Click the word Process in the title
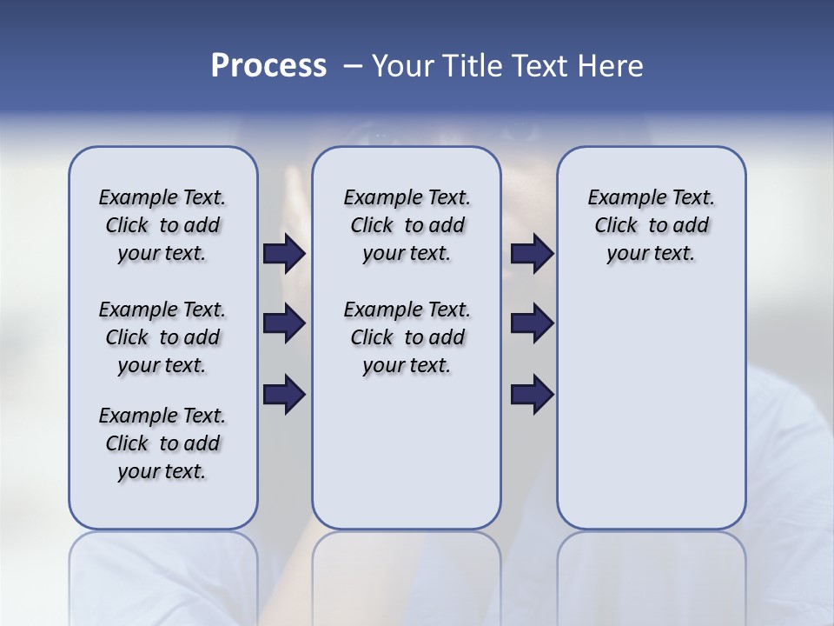[268, 66]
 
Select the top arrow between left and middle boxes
[284, 253]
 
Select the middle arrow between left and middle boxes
[284, 323]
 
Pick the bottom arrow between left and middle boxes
[284, 394]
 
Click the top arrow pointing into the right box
[532, 253]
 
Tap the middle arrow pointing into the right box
[532, 323]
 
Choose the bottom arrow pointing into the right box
[532, 394]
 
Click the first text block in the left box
[162, 225]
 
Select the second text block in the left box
[162, 337]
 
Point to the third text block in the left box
[162, 443]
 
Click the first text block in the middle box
[407, 225]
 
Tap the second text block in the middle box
[407, 337]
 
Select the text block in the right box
[652, 225]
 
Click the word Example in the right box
[619, 198]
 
